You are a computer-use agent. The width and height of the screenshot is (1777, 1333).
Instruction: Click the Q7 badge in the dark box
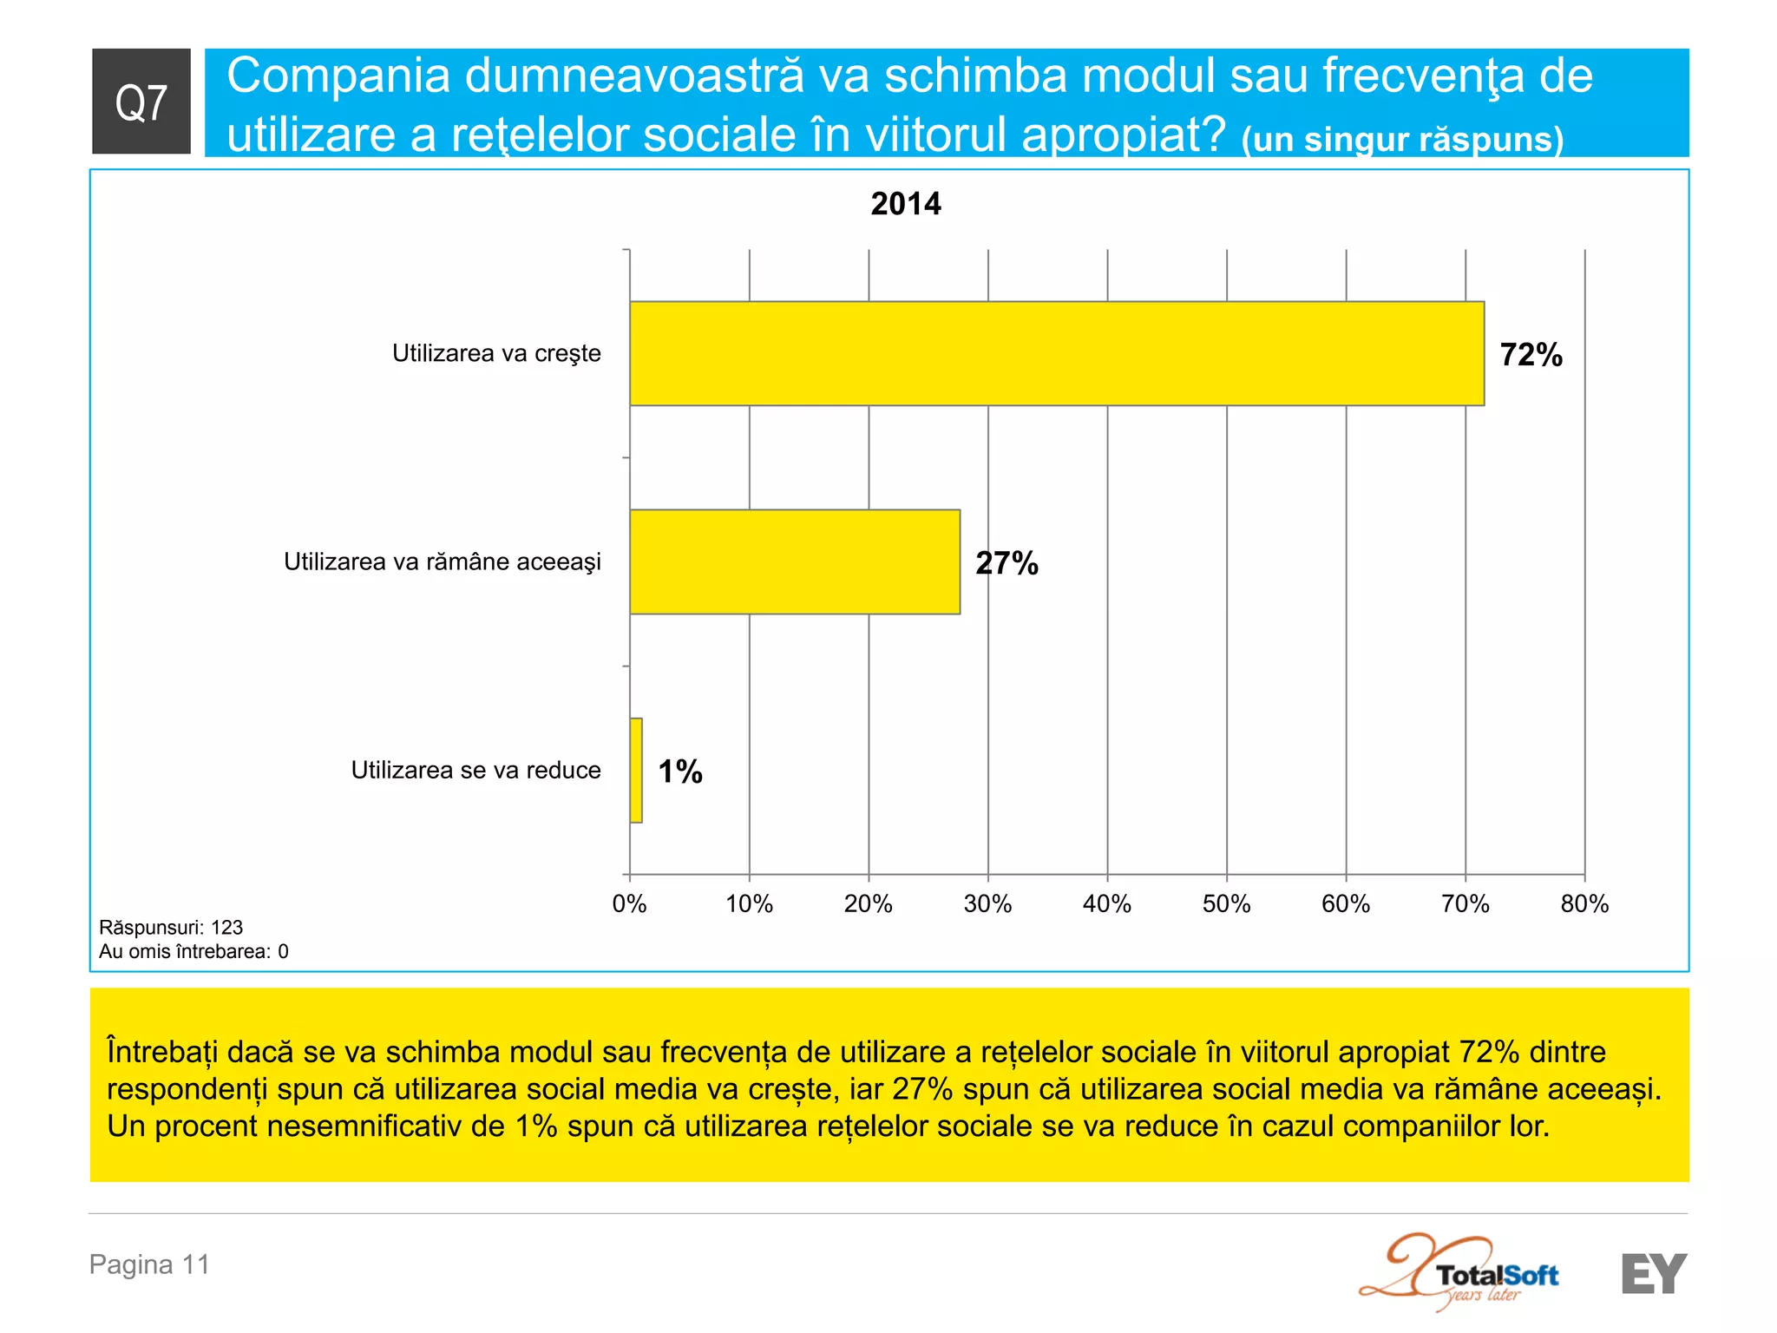coord(141,102)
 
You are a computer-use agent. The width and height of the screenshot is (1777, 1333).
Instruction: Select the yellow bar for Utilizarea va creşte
coord(1056,353)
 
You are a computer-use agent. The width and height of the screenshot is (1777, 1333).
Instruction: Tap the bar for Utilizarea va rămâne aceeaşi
coord(794,561)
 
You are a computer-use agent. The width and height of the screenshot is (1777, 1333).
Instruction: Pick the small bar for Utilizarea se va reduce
coord(636,770)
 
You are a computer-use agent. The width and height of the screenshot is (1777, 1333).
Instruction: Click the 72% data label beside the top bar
coord(1531,355)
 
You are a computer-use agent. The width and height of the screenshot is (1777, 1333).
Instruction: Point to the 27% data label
coord(1007,563)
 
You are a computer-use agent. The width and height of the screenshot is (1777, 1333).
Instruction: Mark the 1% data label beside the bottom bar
coord(680,772)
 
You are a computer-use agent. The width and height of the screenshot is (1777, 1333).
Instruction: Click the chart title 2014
coord(905,204)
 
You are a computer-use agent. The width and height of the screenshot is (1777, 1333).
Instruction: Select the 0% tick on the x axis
coord(629,904)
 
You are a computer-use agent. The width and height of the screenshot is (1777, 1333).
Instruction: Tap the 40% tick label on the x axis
coord(1106,904)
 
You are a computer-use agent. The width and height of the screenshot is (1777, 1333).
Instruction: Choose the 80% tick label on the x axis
coord(1584,904)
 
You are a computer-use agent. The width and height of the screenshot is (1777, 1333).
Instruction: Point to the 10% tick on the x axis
coord(749,904)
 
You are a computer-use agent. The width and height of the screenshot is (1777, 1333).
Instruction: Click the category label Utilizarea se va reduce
coord(475,770)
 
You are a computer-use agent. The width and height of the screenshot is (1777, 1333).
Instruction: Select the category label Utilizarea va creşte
coord(496,353)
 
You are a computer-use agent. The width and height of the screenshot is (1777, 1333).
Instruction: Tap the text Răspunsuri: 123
coord(171,928)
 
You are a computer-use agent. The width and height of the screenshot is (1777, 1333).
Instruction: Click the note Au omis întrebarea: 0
coord(193,952)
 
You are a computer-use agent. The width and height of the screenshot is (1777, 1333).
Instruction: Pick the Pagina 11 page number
coord(149,1264)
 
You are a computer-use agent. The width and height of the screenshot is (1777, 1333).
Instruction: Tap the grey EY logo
coord(1654,1274)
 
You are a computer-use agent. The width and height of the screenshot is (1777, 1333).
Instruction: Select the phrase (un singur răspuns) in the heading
coord(1402,139)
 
